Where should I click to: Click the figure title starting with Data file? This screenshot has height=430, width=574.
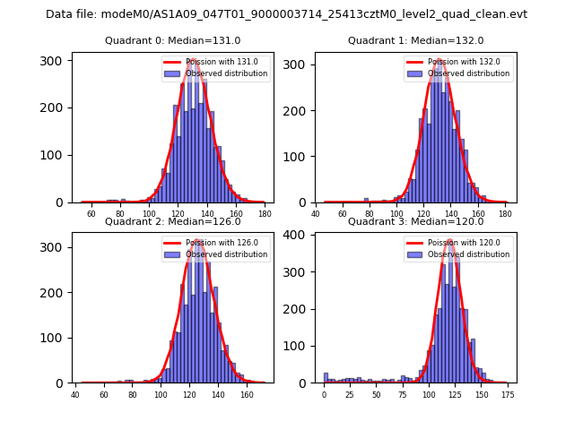pos(286,14)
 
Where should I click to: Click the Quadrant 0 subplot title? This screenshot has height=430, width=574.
pos(172,40)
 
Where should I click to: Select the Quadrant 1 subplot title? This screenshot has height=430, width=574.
pos(415,40)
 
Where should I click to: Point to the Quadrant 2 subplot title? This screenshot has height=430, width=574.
pos(172,221)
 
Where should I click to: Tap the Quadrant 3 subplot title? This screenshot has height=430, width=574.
pos(415,221)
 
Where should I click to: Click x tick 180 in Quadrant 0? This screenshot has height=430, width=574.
pos(265,215)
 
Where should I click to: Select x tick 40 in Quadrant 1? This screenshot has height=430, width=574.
pos(316,215)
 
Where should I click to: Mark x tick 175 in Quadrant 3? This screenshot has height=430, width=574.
pos(507,395)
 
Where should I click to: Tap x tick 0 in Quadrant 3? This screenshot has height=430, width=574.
pos(325,395)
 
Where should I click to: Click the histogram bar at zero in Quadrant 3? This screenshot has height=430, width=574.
pos(326,378)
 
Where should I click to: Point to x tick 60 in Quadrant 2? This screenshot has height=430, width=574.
pos(104,395)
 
